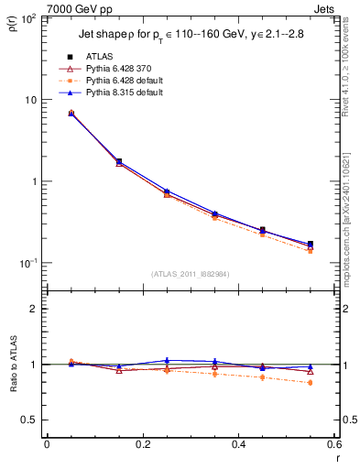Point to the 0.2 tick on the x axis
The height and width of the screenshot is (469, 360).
click(x=142, y=444)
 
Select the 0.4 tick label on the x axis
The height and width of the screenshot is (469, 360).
click(x=238, y=444)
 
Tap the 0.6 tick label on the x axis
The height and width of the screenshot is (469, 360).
click(x=333, y=444)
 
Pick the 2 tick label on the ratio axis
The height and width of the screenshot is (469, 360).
click(x=35, y=309)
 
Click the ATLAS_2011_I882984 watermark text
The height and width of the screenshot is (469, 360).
click(x=191, y=273)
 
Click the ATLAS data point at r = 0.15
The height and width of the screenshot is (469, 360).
click(x=119, y=161)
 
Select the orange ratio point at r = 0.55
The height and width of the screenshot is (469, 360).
click(x=311, y=383)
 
